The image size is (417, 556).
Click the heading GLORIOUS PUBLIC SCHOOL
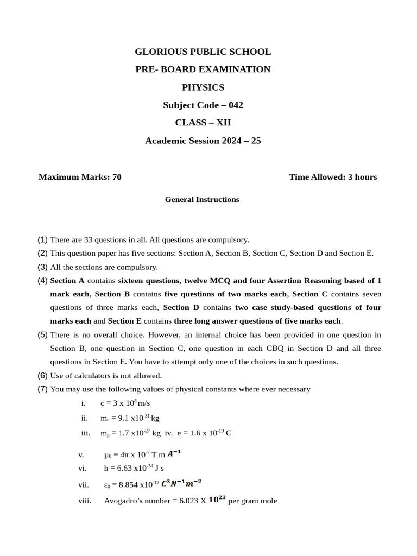pyautogui.click(x=203, y=52)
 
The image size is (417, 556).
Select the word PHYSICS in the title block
pyautogui.click(x=203, y=87)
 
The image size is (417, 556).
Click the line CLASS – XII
pyautogui.click(x=203, y=123)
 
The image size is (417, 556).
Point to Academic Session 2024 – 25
pyautogui.click(x=203, y=141)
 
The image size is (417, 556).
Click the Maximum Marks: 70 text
pyautogui.click(x=80, y=177)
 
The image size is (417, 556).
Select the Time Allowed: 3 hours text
pyautogui.click(x=332, y=177)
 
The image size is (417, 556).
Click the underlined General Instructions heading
pyautogui.click(x=202, y=200)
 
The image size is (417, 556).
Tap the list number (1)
pyautogui.click(x=42, y=239)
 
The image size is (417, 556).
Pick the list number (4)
pyautogui.click(x=42, y=281)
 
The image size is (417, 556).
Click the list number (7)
pyautogui.click(x=42, y=389)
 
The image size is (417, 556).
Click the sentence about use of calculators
pyautogui.click(x=106, y=376)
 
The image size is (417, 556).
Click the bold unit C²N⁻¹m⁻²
pyautogui.click(x=181, y=483)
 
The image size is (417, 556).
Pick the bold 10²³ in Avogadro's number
pyautogui.click(x=217, y=500)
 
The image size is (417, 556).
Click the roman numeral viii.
pyautogui.click(x=85, y=501)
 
